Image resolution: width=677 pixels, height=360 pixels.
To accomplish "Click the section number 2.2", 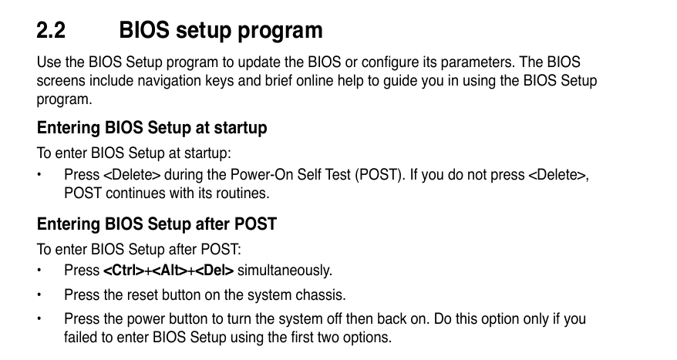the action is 51,30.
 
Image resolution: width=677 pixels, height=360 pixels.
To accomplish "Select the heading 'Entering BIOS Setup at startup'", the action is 152,128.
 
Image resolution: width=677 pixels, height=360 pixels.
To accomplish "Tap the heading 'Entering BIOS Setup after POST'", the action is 157,224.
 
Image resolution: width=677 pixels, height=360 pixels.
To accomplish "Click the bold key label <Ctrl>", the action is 124,271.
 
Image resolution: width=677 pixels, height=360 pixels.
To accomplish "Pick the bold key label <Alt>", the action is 170,271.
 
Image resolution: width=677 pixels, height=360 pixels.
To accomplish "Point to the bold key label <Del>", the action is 214,271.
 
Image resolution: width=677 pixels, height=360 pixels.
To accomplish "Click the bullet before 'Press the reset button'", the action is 39,294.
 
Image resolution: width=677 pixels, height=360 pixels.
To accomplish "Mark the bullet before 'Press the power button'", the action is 39,319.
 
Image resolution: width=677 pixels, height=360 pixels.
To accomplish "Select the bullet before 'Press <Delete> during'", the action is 39,175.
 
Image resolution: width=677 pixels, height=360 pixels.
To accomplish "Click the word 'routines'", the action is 243,193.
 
